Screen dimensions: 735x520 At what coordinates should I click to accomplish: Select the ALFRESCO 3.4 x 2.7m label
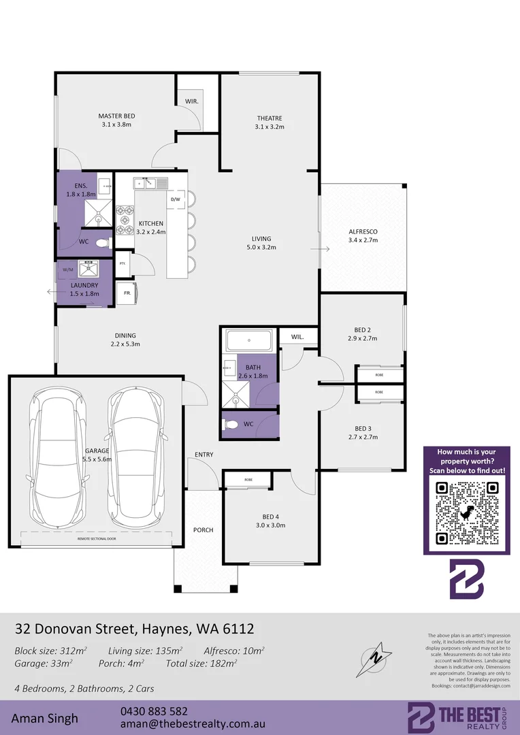coord(362,236)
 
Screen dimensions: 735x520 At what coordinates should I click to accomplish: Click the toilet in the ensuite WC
coord(102,242)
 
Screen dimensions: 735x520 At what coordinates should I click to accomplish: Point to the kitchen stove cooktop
coord(125,220)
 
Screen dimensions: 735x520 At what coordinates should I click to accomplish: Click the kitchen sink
coord(150,182)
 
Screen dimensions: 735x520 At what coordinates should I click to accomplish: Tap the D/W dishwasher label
coord(175,199)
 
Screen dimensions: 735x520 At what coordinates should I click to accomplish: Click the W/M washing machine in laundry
coord(67,269)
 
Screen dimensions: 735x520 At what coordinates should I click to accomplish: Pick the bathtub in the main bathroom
coord(249,339)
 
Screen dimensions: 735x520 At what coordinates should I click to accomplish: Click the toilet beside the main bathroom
coord(231,425)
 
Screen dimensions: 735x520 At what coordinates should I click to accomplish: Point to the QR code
coord(466,512)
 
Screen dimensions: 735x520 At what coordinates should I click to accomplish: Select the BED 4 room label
coord(270,521)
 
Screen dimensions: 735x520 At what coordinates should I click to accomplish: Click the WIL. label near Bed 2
coord(297,337)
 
